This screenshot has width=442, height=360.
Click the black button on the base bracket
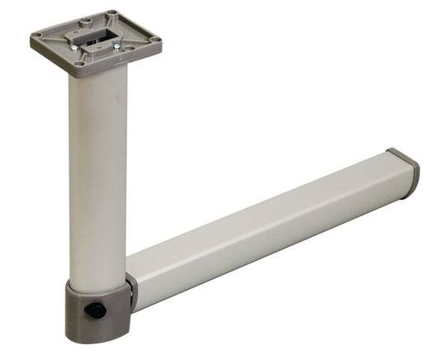(x=95, y=310)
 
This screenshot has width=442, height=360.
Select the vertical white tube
(x=98, y=173)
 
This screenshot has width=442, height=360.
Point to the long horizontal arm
(x=264, y=231)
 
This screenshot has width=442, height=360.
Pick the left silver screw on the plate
(x=74, y=48)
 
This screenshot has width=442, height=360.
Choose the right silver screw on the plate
(x=116, y=46)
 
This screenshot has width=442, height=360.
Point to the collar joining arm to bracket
(x=131, y=294)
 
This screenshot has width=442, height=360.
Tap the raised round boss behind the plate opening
(x=86, y=21)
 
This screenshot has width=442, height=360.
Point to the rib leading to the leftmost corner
(x=55, y=37)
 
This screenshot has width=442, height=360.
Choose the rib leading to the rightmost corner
(x=138, y=38)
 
